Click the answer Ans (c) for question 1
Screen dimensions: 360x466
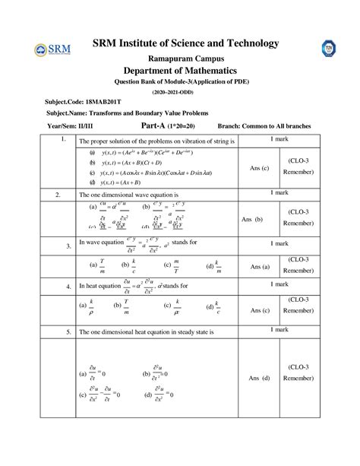tap(259, 168)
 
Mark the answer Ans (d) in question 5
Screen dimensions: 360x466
tap(259, 378)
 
